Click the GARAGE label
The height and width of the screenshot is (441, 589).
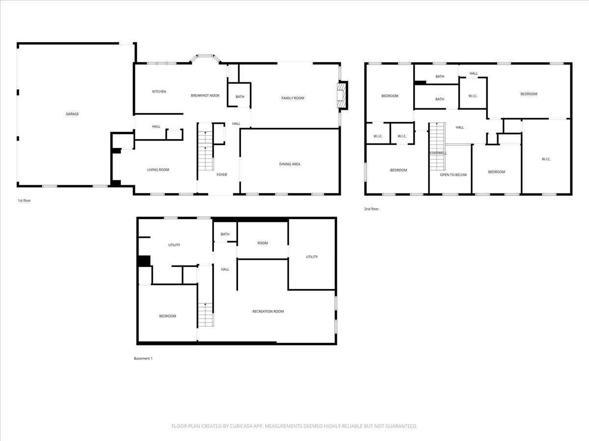click(x=72, y=114)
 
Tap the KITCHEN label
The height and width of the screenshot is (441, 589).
click(x=159, y=92)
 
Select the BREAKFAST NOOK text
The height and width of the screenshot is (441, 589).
click(x=205, y=96)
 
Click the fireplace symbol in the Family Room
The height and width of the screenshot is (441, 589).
click(x=342, y=96)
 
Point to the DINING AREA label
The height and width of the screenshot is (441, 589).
click(x=290, y=164)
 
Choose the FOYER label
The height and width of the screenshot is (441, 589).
click(x=222, y=175)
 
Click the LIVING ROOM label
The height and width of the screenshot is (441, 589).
click(x=159, y=170)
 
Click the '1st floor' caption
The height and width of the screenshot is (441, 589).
click(x=24, y=200)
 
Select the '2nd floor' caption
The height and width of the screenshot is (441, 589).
click(x=372, y=209)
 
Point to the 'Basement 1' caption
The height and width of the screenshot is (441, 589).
click(x=143, y=359)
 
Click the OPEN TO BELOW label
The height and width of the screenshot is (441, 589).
click(x=454, y=175)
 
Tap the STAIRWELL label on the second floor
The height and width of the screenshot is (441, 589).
click(x=438, y=153)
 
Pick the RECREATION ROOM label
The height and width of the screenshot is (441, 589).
click(x=268, y=312)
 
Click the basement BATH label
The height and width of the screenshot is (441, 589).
click(x=225, y=234)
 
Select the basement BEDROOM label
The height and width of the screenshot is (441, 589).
click(x=168, y=316)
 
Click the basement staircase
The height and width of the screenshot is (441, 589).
click(x=206, y=315)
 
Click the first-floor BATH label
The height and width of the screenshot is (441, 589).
click(x=240, y=97)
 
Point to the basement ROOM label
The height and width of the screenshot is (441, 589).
click(x=263, y=243)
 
